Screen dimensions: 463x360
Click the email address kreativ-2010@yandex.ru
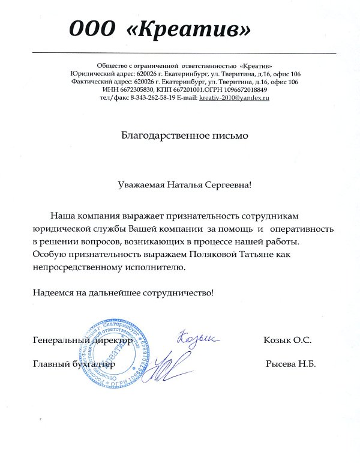click(x=235, y=97)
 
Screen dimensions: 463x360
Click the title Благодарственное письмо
click(x=184, y=136)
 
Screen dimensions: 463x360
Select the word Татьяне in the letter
click(x=264, y=255)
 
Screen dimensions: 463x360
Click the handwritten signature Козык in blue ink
click(x=195, y=341)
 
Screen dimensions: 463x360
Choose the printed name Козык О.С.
click(x=287, y=340)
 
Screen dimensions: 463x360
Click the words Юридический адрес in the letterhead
click(x=101, y=73)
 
